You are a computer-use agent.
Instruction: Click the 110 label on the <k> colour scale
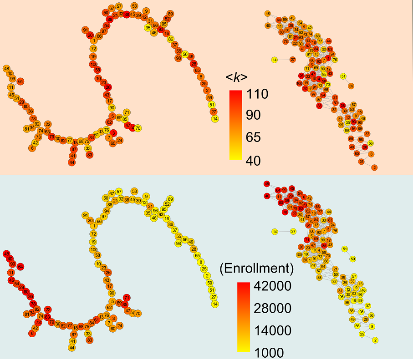point(257,94)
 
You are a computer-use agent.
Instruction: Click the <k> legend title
point(237,78)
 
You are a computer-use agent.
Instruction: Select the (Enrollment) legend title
point(256,268)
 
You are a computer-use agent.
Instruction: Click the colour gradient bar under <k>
point(235,125)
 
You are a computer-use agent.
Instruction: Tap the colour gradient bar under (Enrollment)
point(244,317)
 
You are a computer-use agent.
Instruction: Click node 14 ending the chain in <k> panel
point(215,119)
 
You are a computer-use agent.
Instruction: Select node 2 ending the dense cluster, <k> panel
point(374,168)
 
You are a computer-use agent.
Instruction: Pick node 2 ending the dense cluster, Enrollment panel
point(375,340)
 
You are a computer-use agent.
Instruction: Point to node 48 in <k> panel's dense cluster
point(268,14)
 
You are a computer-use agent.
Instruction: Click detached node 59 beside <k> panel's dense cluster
point(351,86)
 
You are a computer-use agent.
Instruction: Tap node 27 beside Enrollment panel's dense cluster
point(293,232)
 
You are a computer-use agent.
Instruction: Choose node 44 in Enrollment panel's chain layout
point(72,348)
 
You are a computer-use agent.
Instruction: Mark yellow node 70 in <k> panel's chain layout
point(138,128)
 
